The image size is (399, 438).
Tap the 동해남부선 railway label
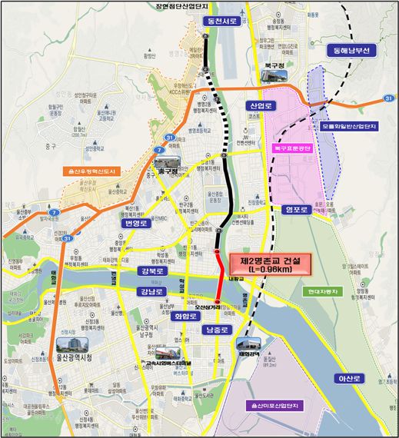click(351, 51)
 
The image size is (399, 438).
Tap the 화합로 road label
click(187, 315)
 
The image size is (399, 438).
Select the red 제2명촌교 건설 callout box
click(266, 265)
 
